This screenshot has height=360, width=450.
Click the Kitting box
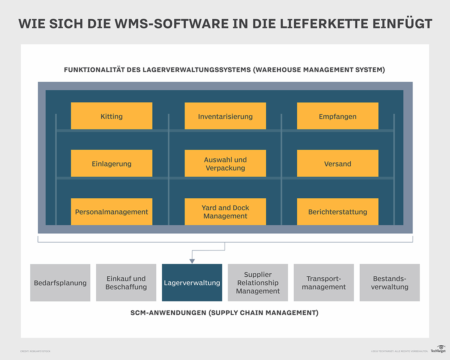[x=111, y=116]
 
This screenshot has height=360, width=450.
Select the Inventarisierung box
[x=225, y=116]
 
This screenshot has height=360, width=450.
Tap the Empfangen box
[x=337, y=116]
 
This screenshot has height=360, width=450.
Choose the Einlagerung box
[x=111, y=163]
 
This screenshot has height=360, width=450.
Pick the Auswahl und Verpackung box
[x=225, y=163]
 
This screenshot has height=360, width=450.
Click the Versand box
[x=337, y=163]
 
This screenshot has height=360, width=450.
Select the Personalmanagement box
[x=111, y=211]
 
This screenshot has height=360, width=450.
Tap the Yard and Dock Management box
[x=225, y=211]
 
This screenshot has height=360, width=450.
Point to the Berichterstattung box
[x=337, y=211]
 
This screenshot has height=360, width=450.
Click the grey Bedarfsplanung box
[x=60, y=283]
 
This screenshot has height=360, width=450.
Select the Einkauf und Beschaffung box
[x=126, y=283]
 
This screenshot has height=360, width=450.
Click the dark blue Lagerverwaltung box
[x=192, y=283]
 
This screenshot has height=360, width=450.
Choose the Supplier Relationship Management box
[x=258, y=283]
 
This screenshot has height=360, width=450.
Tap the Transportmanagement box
[x=324, y=283]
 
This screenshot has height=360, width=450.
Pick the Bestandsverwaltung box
[x=390, y=283]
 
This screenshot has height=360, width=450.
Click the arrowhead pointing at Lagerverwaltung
[x=192, y=261]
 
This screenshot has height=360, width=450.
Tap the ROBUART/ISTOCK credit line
[x=35, y=351]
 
